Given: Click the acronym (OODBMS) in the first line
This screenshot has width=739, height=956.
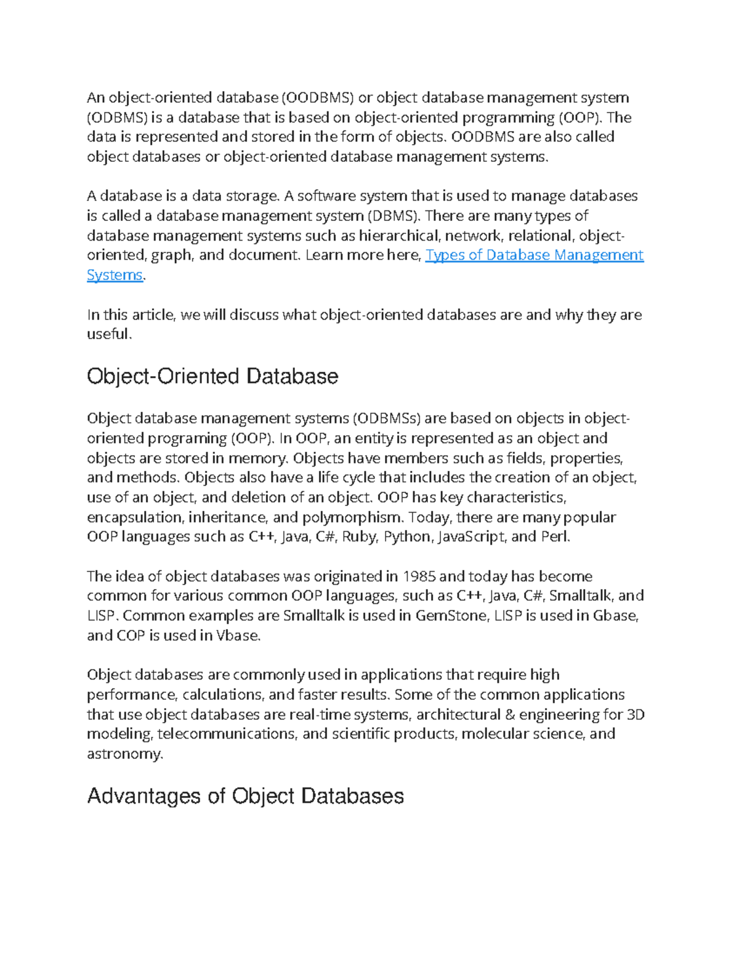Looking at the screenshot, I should pos(318,98).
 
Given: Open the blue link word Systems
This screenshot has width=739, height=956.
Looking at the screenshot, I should pos(115,275).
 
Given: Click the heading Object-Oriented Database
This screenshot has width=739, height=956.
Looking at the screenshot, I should pos(212,376).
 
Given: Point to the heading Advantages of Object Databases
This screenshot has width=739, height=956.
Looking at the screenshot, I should pos(245,796).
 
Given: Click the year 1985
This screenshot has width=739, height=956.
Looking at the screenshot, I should pos(419,576).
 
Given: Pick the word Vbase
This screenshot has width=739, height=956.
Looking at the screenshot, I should pos(238,635).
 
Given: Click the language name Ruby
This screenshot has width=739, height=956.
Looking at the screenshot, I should pos(359,537).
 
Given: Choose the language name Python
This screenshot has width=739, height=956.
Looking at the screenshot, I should pos(407,537).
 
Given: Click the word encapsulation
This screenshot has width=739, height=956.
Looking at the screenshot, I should pos(135,517).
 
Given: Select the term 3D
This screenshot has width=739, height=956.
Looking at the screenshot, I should pos(635,715).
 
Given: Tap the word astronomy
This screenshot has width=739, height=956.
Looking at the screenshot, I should pos(124,754).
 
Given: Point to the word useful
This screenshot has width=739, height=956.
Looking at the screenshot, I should pos(108,334).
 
